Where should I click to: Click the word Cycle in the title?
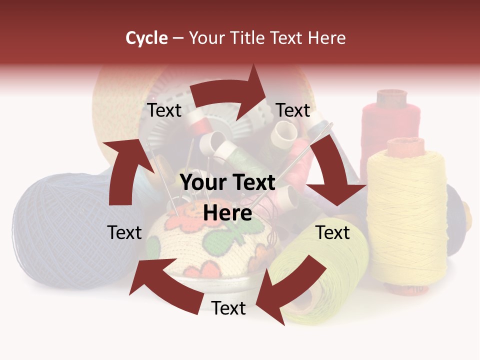coord(146,38)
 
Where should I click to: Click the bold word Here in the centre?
coord(227,213)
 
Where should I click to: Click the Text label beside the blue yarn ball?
coord(124,232)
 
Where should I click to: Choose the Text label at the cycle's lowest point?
coord(228,308)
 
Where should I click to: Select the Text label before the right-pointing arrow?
coord(164,110)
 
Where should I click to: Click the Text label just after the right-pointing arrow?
coord(293,110)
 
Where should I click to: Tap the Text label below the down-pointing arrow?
coord(332,232)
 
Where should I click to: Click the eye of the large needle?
coord(327,127)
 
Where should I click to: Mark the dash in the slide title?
coord(178,38)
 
